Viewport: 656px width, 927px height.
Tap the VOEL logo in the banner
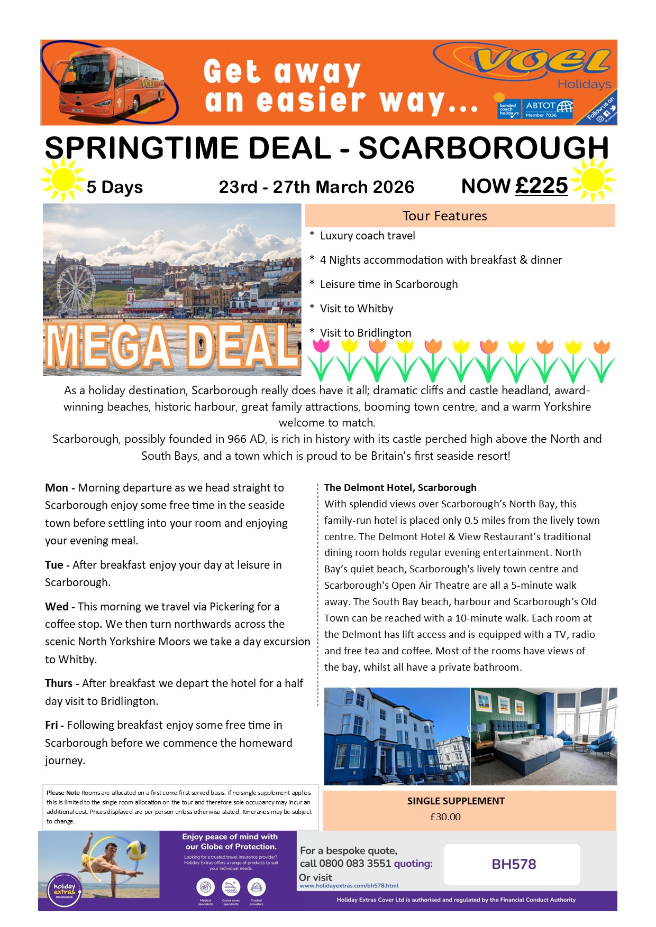tap(542, 61)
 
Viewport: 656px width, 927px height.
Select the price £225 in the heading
tap(541, 186)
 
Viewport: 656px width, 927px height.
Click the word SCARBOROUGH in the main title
tap(484, 149)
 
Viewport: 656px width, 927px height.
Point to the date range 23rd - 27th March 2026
tap(316, 187)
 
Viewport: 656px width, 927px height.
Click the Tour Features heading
tap(444, 216)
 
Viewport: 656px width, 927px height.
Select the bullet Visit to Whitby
tap(356, 309)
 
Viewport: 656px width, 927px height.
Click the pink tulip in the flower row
tap(321, 346)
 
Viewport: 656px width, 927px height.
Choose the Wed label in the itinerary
tap(57, 607)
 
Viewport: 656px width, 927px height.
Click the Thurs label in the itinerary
tap(59, 683)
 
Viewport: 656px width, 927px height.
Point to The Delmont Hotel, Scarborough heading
tap(400, 487)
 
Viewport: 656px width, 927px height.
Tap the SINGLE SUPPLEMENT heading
tap(455, 801)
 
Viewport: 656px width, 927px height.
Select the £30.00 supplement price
tap(445, 817)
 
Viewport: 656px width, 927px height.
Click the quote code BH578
tap(514, 864)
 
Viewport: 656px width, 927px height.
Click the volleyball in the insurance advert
tap(136, 850)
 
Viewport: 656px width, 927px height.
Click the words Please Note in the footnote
tap(63, 793)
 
